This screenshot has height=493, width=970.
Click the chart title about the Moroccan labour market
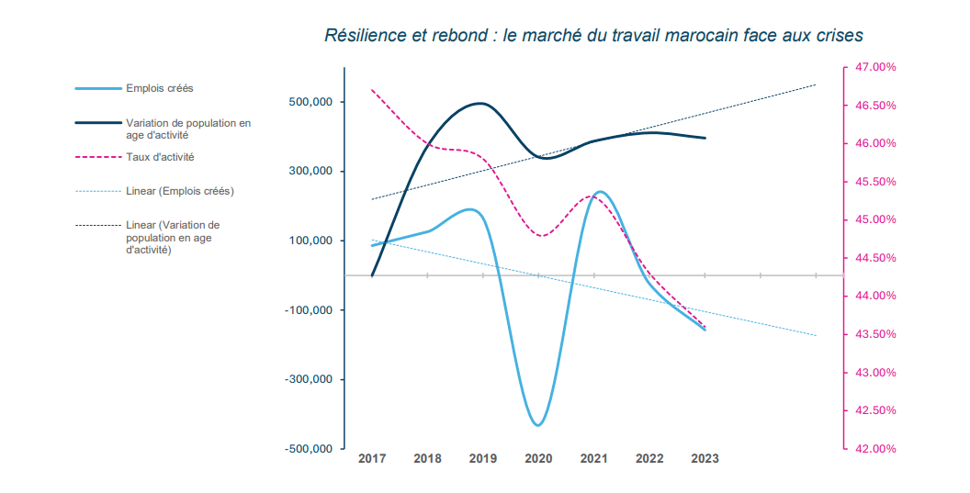point(593,35)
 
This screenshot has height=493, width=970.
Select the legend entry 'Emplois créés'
point(159,88)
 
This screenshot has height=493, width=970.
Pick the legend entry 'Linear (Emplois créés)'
point(179,191)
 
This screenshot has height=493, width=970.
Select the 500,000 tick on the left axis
point(310,102)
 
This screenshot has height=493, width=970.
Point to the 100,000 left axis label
point(310,241)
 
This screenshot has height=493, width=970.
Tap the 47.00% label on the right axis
point(875,67)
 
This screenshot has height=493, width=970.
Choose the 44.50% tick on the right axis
point(875,258)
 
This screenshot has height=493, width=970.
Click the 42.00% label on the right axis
point(875,449)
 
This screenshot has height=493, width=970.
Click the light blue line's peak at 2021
point(600,192)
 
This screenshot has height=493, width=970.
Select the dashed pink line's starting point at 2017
point(372,90)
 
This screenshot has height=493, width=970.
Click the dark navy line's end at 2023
point(705,138)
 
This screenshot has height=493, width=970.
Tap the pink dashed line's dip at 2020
point(540,236)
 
